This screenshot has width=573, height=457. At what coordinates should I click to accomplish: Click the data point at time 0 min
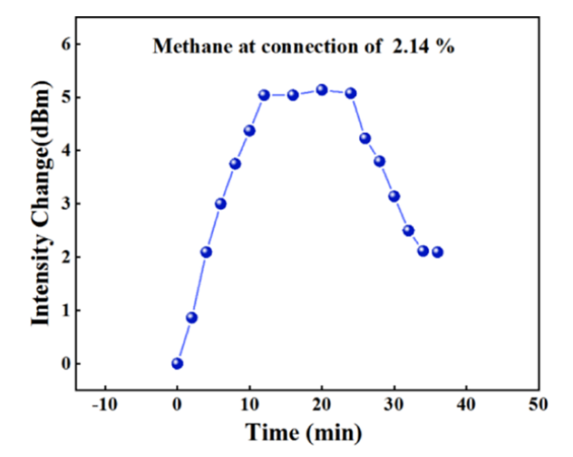(x=177, y=363)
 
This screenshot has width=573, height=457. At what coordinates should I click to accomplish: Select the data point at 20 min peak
(x=322, y=89)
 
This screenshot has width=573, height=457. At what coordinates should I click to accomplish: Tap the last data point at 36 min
(x=438, y=252)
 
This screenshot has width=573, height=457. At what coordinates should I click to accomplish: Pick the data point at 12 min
(x=264, y=95)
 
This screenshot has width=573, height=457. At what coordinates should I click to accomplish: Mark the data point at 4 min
(x=206, y=252)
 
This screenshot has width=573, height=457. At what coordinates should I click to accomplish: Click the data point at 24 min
(x=351, y=93)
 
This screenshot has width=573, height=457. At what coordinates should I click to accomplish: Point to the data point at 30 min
(x=394, y=197)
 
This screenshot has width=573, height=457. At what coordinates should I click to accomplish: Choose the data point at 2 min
(x=192, y=317)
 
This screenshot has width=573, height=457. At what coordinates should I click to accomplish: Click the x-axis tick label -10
(x=104, y=405)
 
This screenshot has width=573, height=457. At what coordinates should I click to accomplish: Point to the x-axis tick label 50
(x=538, y=405)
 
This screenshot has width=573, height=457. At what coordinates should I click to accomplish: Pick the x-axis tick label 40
(x=466, y=405)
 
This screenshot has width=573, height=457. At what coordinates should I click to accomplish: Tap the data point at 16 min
(x=293, y=94)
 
